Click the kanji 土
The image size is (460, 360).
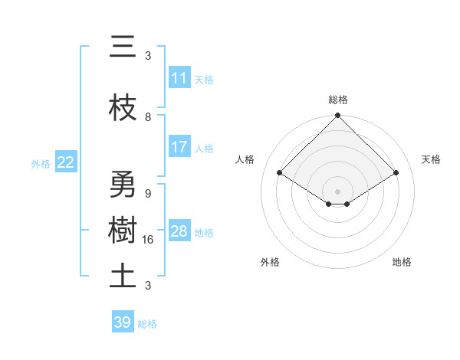click(x=122, y=276)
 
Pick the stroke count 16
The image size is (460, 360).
click(x=149, y=239)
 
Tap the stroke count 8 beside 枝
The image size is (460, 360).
click(x=148, y=116)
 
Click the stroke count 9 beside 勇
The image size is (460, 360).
click(x=148, y=193)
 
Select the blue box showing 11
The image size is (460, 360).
click(x=179, y=78)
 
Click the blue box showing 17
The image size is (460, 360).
click(x=179, y=147)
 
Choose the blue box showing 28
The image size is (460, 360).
click(x=179, y=231)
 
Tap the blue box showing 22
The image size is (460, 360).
click(x=66, y=162)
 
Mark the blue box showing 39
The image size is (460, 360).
click(x=122, y=322)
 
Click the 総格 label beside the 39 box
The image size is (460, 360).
click(x=147, y=324)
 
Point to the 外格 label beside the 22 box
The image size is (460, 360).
click(x=41, y=163)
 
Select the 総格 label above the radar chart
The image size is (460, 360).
click(x=338, y=100)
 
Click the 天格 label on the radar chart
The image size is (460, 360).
click(x=431, y=159)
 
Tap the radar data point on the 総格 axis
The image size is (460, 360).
click(x=337, y=116)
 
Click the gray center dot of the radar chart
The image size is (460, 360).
click(x=337, y=190)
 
